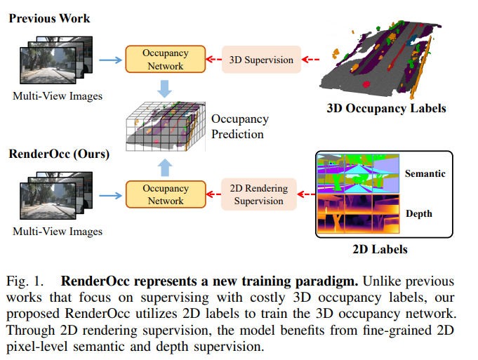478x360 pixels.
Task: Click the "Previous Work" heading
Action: [x=49, y=17]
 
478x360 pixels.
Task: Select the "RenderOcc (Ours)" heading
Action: [x=59, y=153]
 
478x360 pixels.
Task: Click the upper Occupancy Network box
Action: [x=165, y=60]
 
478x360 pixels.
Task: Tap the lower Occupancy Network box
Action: [x=165, y=194]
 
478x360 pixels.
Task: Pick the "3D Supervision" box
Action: [x=261, y=60]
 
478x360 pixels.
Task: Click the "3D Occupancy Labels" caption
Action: [x=386, y=109]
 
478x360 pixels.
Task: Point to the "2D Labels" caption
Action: [x=379, y=248]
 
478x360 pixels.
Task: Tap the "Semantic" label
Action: [x=425, y=173]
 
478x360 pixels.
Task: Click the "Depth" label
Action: [x=419, y=213]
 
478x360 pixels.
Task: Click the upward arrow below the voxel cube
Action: [x=165, y=166]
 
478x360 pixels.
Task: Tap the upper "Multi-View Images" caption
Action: [x=57, y=96]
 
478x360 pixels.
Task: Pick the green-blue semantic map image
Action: [x=357, y=173]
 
